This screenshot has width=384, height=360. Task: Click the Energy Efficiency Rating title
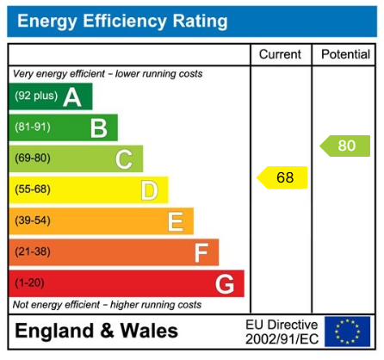122,21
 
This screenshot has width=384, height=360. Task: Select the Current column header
281,54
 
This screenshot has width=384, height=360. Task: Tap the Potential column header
345,54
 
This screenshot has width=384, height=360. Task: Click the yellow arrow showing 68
282,178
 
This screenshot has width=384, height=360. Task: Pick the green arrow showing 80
344,146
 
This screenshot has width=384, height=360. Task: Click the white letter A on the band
72,96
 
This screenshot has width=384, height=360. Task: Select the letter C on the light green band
124,158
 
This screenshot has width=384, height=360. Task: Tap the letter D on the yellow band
149,189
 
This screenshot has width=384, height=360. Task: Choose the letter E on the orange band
175,221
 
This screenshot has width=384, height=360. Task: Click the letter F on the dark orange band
201,252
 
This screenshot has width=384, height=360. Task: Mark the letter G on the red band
225,283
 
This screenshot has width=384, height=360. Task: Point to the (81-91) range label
31,127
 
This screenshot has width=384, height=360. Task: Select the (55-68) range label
32,189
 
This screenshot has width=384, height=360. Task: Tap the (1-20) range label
28,283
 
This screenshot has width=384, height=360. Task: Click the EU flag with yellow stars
348,332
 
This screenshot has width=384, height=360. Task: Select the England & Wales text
96,332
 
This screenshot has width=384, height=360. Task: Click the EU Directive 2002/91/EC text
282,332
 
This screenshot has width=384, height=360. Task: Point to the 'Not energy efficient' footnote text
107,305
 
